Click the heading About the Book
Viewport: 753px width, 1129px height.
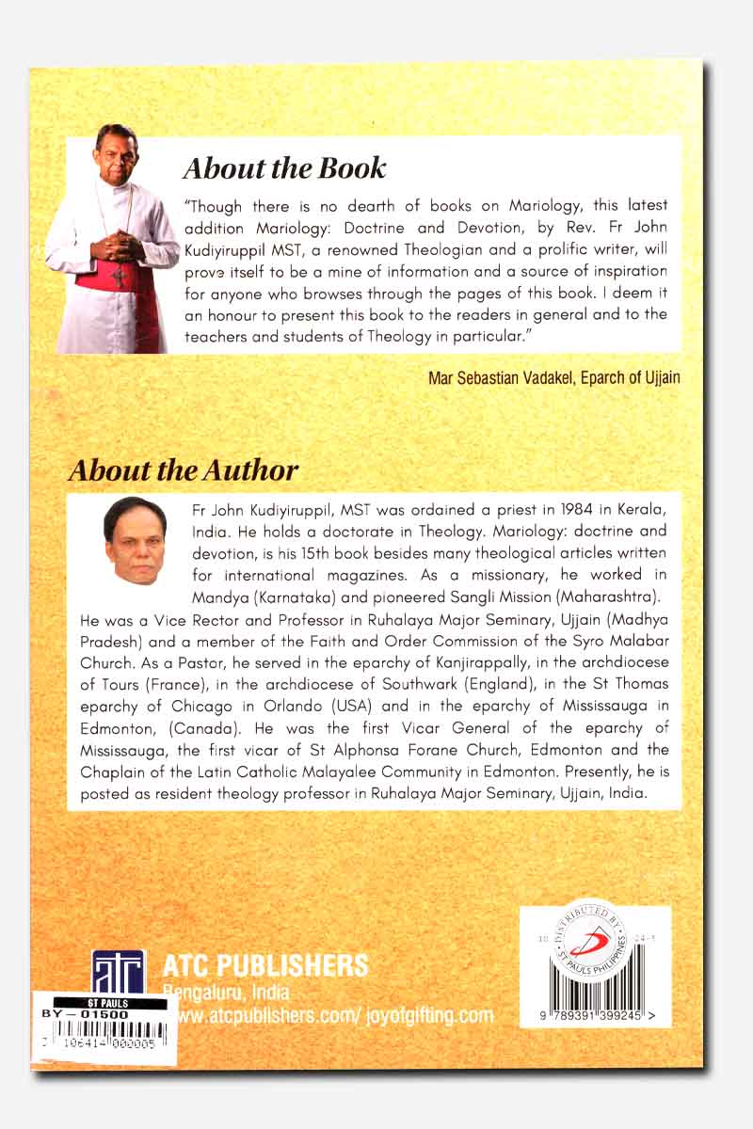tap(284, 168)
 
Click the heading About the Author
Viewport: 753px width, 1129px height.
tap(184, 470)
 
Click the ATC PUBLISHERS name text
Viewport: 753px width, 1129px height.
tap(265, 965)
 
